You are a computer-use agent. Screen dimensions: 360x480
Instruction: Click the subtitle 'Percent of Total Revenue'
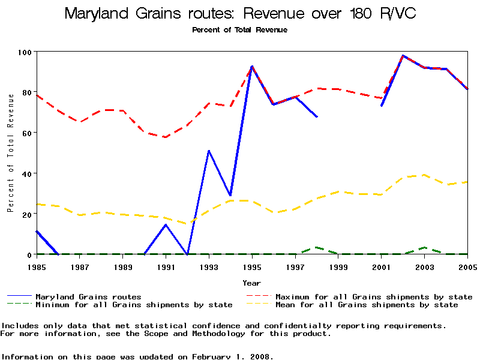(239, 29)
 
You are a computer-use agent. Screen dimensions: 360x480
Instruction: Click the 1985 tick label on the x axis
(37, 266)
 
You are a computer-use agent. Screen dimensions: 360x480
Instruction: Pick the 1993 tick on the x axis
(209, 266)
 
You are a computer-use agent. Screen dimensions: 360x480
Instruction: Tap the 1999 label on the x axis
(339, 266)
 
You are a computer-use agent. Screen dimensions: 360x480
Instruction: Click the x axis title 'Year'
(252, 283)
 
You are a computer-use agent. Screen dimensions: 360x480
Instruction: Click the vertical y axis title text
(10, 161)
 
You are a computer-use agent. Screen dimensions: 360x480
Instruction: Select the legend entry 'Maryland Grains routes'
(88, 296)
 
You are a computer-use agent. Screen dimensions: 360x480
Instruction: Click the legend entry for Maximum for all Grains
(374, 296)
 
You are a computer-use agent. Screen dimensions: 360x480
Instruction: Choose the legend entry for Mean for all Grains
(367, 305)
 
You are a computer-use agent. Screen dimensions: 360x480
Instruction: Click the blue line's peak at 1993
(209, 151)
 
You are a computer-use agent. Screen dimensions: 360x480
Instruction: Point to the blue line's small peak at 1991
(166, 224)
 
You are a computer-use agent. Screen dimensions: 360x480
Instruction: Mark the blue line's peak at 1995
(252, 67)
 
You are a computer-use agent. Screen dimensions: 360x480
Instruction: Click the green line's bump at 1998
(317, 247)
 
